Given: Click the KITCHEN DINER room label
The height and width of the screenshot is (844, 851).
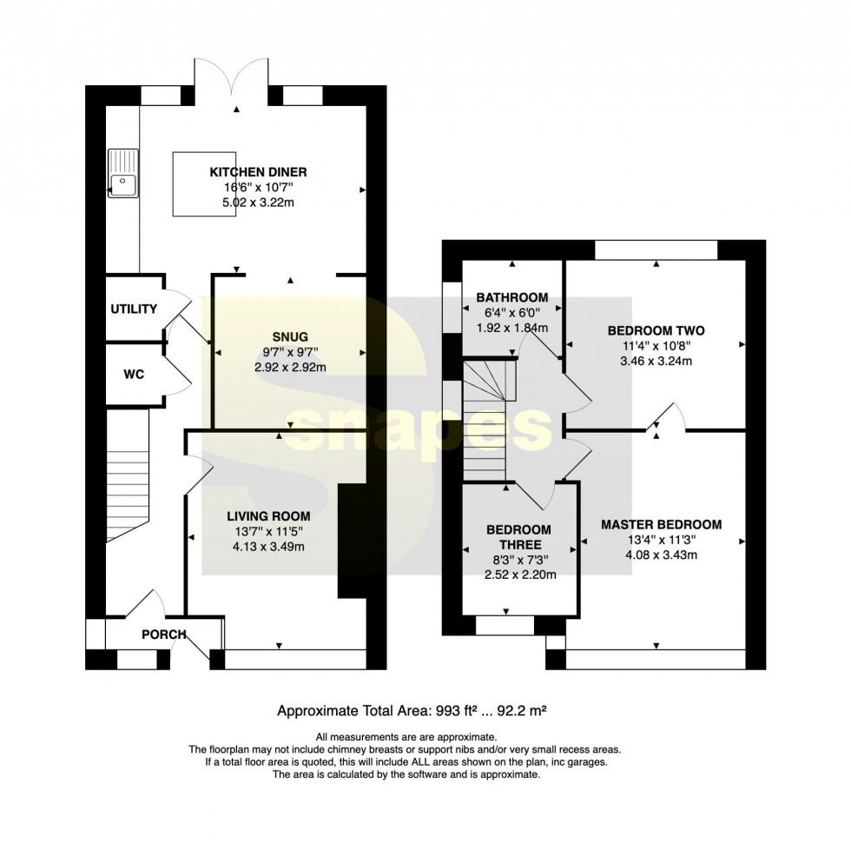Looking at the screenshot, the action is [x=259, y=172].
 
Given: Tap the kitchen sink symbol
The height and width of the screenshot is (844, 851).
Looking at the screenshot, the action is [x=123, y=173].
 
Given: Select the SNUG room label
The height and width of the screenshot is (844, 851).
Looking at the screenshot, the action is [x=290, y=336].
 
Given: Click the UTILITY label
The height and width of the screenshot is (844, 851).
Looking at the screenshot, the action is [x=134, y=309].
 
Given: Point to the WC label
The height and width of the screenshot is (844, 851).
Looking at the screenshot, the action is [x=134, y=375].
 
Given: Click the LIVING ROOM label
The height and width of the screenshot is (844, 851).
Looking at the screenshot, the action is [x=268, y=516].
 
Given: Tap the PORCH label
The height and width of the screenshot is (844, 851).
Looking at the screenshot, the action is [x=164, y=635].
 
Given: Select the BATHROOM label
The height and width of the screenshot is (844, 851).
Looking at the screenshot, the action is [x=512, y=297].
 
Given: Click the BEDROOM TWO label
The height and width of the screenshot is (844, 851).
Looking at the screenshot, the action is [x=656, y=331].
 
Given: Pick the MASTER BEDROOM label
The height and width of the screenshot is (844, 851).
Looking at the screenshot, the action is [x=662, y=525].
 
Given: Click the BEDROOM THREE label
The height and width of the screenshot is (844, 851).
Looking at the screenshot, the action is [x=518, y=537].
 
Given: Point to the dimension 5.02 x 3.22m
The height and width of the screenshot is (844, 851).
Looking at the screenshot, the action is [x=259, y=203].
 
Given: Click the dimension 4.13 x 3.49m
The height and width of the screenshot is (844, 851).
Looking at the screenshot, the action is [x=268, y=547].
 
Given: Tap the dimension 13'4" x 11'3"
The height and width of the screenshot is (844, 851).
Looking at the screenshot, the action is [x=662, y=540].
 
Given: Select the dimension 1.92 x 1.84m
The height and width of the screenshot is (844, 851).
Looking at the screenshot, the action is [x=512, y=328].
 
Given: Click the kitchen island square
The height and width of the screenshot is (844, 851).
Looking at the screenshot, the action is [x=204, y=184].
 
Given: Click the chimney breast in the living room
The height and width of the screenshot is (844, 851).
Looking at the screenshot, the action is [x=353, y=541].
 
